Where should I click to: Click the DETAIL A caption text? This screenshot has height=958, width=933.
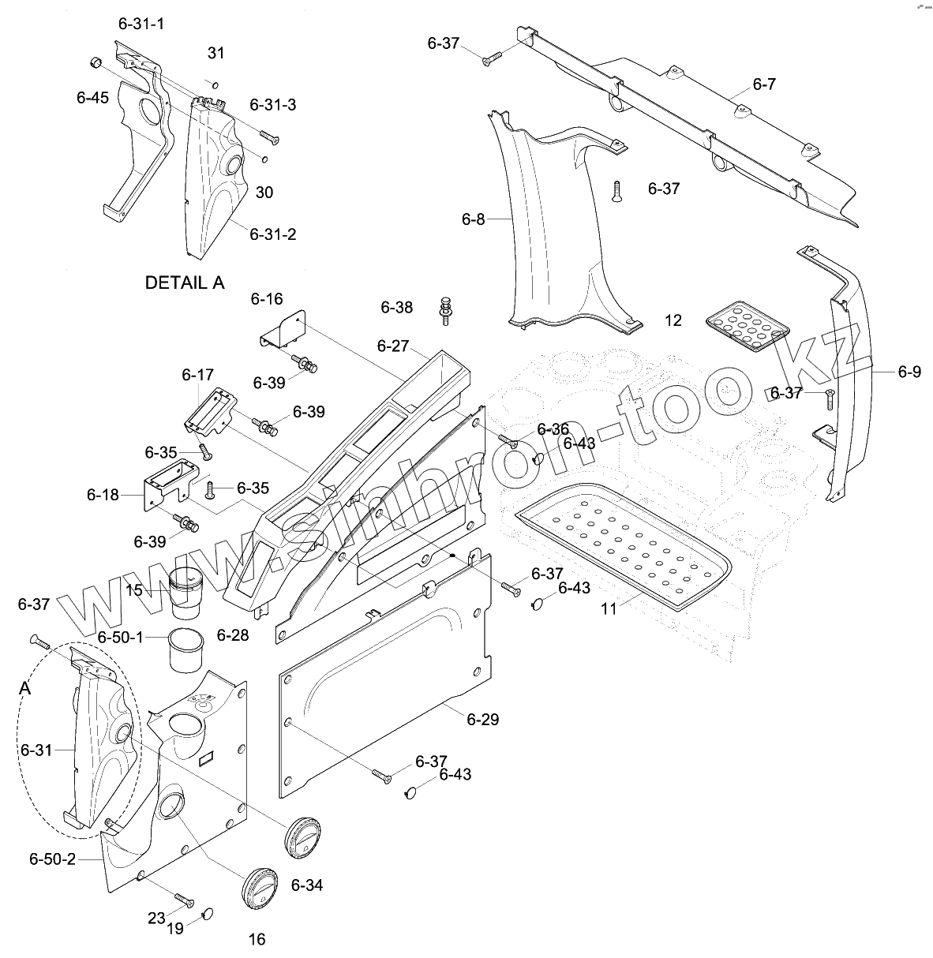pyautogui.click(x=185, y=283)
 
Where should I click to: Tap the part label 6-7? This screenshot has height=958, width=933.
pyautogui.click(x=763, y=84)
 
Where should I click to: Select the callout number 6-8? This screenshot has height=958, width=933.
pyautogui.click(x=474, y=219)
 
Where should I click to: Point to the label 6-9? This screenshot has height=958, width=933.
pyautogui.click(x=909, y=372)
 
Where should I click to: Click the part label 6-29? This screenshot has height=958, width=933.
pyautogui.click(x=482, y=720)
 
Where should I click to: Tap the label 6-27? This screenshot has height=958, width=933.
pyautogui.click(x=393, y=346)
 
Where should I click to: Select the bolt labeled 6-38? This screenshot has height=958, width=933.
pyautogui.click(x=446, y=311)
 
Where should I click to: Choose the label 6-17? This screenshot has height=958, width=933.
pyautogui.click(x=197, y=374)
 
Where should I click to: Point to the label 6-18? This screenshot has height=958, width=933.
pyautogui.click(x=103, y=496)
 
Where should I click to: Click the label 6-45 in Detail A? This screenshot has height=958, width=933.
pyautogui.click(x=92, y=98)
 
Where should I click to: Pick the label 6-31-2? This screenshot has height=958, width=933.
pyautogui.click(x=273, y=234)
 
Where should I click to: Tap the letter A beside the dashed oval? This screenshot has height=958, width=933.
pyautogui.click(x=25, y=689)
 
